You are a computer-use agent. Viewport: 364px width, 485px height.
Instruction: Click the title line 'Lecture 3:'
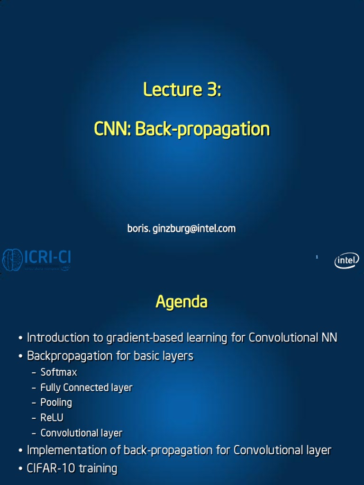182,90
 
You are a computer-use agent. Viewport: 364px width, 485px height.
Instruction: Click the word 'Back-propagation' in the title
202,129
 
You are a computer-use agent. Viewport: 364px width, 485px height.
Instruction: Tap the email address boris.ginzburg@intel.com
182,229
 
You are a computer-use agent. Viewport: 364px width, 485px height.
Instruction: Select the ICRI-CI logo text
47,257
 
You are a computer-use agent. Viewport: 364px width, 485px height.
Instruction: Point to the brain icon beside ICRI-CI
12,260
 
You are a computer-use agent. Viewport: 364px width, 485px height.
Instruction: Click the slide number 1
317,257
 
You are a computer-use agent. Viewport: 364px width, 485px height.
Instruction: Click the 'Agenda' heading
182,302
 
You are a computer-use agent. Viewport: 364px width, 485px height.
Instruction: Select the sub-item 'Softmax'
59,372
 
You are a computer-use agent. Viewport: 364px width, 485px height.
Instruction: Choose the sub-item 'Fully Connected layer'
86,387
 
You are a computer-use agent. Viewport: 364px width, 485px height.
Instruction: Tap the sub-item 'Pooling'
56,403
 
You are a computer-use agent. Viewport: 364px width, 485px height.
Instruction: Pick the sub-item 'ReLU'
52,418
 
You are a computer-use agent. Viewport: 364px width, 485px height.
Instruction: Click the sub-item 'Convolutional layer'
82,433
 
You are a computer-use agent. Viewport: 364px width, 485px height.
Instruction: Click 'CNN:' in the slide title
113,129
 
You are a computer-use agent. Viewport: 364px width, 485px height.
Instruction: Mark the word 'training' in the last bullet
98,469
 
